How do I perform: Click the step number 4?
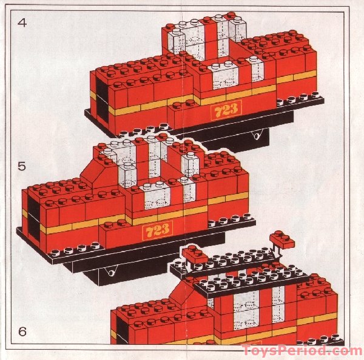coord(22,24)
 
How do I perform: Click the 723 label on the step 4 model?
coord(226,110)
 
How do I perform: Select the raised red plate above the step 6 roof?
coord(283,239)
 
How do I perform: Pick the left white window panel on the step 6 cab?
coord(246,310)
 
